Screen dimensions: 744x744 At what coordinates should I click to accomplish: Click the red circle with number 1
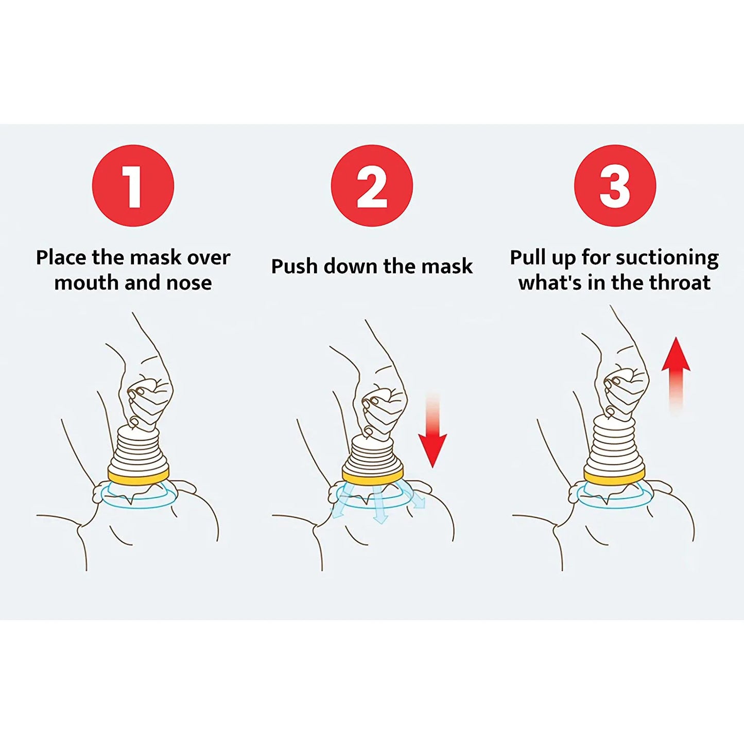point(133,185)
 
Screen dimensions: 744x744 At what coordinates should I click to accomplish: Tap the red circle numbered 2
point(372,185)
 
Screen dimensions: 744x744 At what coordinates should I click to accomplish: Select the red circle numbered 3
point(615,185)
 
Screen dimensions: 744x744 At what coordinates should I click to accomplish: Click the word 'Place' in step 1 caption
point(61,257)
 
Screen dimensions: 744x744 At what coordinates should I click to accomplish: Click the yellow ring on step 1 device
point(138,475)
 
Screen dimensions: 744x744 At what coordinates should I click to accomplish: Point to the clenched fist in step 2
point(384,407)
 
